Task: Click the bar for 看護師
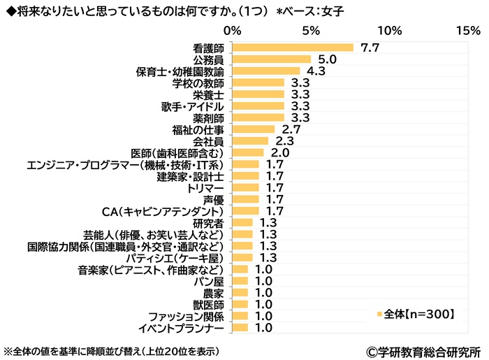point(293,48)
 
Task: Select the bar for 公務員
point(271,59)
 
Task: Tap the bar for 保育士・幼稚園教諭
point(265,71)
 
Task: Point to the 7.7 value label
point(370,48)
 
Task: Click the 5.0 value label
point(328,59)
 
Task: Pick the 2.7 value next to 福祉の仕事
point(290,129)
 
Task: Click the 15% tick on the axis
point(467,31)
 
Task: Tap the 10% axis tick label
point(389,31)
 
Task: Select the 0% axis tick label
point(232,31)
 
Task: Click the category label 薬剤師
point(207,118)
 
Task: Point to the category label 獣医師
point(207,305)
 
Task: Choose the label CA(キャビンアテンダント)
point(162,211)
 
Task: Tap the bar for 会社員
point(250,141)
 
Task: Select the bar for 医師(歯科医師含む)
point(247,152)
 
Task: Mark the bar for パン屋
point(240,281)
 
